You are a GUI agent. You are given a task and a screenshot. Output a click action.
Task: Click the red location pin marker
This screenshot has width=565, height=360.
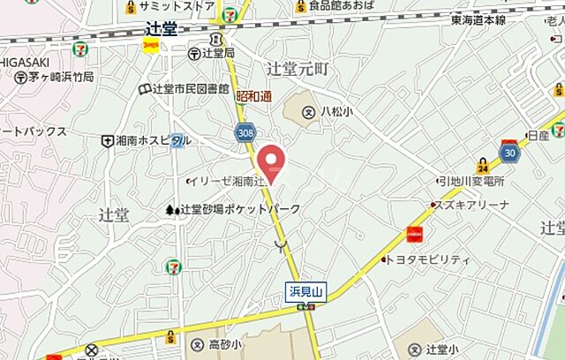(x=272, y=160)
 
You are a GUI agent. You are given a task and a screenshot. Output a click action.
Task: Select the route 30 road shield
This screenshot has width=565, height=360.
(x=508, y=152)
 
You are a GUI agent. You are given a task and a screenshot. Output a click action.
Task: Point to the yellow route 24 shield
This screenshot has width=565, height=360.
(x=483, y=166)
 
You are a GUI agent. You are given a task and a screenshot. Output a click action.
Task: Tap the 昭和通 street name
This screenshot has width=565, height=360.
(x=254, y=96)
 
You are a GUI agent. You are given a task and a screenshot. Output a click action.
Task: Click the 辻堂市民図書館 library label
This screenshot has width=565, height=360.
(x=191, y=89)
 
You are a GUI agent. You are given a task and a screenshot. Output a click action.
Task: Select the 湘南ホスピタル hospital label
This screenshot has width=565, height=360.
(x=153, y=140)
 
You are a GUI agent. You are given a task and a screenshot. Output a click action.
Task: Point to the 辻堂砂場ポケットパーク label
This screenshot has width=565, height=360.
(x=239, y=209)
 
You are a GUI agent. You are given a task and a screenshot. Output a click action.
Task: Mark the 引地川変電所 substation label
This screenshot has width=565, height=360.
(x=472, y=182)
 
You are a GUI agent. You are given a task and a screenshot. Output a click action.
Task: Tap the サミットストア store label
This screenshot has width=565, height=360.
(x=177, y=6)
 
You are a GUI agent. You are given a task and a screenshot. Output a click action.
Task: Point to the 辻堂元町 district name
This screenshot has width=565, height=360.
(x=297, y=67)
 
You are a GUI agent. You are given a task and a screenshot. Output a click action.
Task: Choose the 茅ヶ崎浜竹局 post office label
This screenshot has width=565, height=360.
(x=58, y=78)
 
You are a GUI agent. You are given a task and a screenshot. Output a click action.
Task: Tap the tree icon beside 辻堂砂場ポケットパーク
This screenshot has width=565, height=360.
(x=169, y=210)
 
